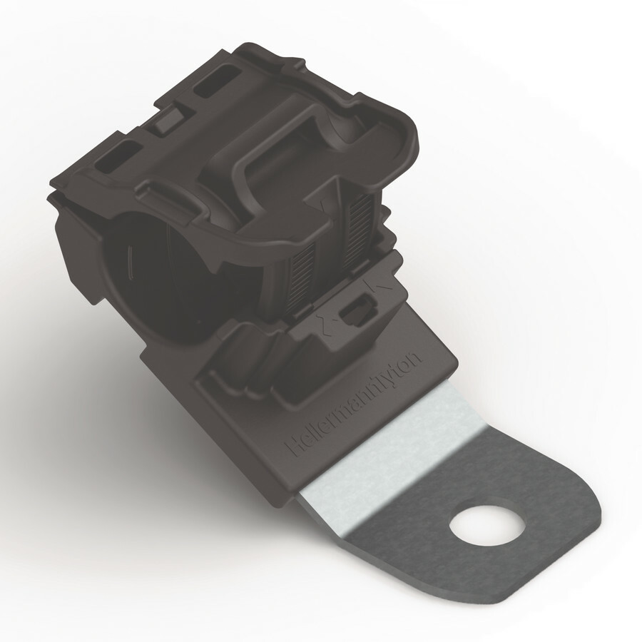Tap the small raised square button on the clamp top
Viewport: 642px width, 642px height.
click(168, 119)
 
